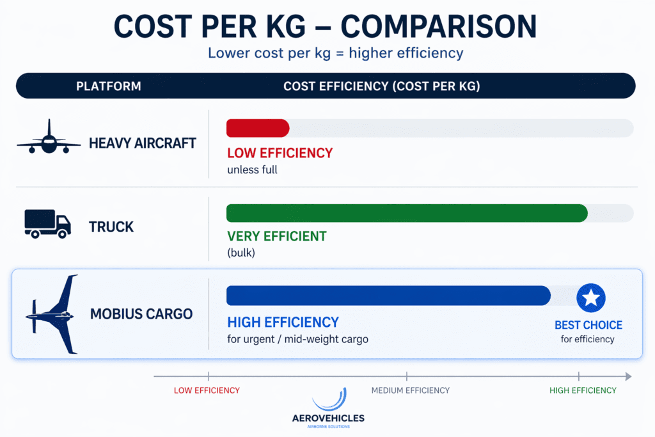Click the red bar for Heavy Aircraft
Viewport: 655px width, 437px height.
pyautogui.click(x=258, y=128)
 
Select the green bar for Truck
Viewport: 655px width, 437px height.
pyautogui.click(x=407, y=213)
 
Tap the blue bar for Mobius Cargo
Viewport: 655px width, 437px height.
pyautogui.click(x=388, y=296)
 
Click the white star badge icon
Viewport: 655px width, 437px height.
pyautogui.click(x=591, y=298)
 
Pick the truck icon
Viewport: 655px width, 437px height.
pyautogui.click(x=47, y=225)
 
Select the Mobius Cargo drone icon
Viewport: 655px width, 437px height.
pyautogui.click(x=54, y=314)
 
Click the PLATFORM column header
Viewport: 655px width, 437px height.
pyautogui.click(x=109, y=86)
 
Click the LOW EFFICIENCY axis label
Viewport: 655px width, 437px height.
pyautogui.click(x=207, y=390)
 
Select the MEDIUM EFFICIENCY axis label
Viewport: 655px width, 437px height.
pyautogui.click(x=411, y=390)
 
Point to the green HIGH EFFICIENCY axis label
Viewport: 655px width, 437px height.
pyautogui.click(x=583, y=390)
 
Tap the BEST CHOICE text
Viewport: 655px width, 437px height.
pyautogui.click(x=588, y=325)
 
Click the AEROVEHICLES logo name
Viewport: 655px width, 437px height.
pyautogui.click(x=328, y=418)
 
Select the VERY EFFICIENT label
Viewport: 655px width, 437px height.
pyautogui.click(x=277, y=236)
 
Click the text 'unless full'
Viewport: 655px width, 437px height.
pyautogui.click(x=252, y=170)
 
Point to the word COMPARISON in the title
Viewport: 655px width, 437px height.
pyautogui.click(x=439, y=26)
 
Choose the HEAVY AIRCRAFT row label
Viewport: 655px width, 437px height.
pyautogui.click(x=142, y=143)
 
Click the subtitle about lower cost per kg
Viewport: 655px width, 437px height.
pyautogui.click(x=335, y=53)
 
